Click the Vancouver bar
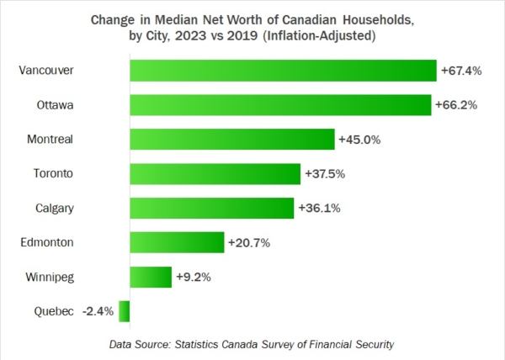pyautogui.click(x=283, y=71)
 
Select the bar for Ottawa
pyautogui.click(x=280, y=105)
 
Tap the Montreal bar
pyautogui.click(x=232, y=140)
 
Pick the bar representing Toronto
pyautogui.click(x=215, y=173)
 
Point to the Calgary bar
pyautogui.click(x=211, y=208)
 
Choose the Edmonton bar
pyautogui.click(x=177, y=242)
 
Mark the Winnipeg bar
pyautogui.click(x=151, y=277)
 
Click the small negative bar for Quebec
pyautogui.click(x=125, y=311)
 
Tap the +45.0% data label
pyautogui.click(x=359, y=140)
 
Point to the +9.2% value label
pyautogui.click(x=194, y=277)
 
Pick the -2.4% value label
pyautogui.click(x=98, y=311)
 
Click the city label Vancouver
pyautogui.click(x=46, y=71)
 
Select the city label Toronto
pyautogui.click(x=52, y=173)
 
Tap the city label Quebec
pyautogui.click(x=55, y=311)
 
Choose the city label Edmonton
pyautogui.click(x=48, y=242)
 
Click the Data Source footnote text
pyautogui.click(x=252, y=344)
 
